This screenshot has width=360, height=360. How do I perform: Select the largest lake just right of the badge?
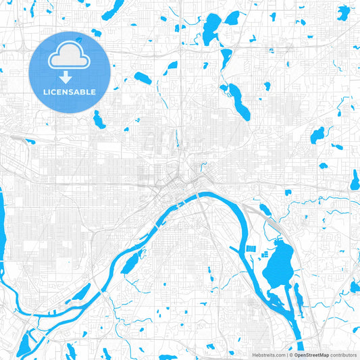coord(142,77)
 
